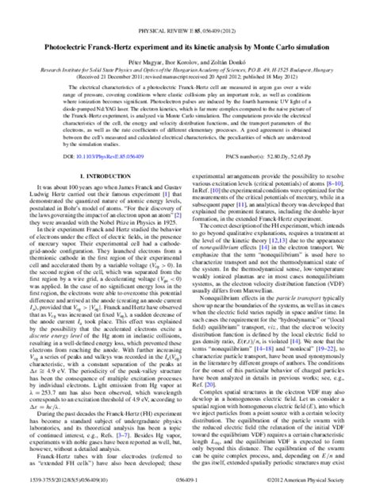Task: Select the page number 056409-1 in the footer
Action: pyautogui.click(x=187, y=492)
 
